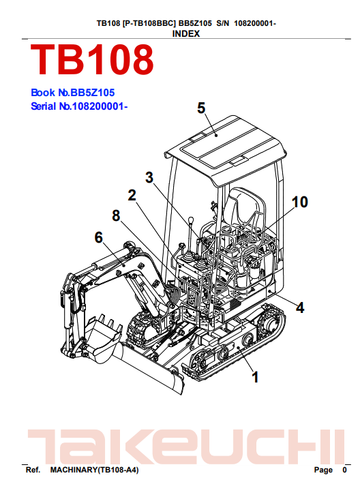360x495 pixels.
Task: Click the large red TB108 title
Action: (x=92, y=60)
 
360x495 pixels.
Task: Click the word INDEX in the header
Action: (x=186, y=34)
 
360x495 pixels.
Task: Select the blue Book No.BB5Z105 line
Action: (x=73, y=93)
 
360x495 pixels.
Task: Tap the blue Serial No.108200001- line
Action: (x=79, y=106)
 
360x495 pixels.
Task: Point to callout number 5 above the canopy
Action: (x=201, y=108)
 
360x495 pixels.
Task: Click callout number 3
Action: (x=149, y=177)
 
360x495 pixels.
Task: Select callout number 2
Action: (x=132, y=196)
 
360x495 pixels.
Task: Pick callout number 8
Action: (x=116, y=215)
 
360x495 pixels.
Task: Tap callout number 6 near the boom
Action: (x=99, y=237)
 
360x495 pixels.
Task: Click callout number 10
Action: (x=300, y=202)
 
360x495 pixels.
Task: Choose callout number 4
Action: (x=300, y=307)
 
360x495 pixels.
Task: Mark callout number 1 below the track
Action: (x=255, y=377)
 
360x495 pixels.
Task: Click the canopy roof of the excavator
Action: (x=226, y=149)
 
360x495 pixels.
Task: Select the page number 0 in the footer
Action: (x=344, y=470)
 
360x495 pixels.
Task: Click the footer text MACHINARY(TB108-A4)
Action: (x=94, y=470)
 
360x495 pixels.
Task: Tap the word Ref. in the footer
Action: (x=33, y=470)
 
